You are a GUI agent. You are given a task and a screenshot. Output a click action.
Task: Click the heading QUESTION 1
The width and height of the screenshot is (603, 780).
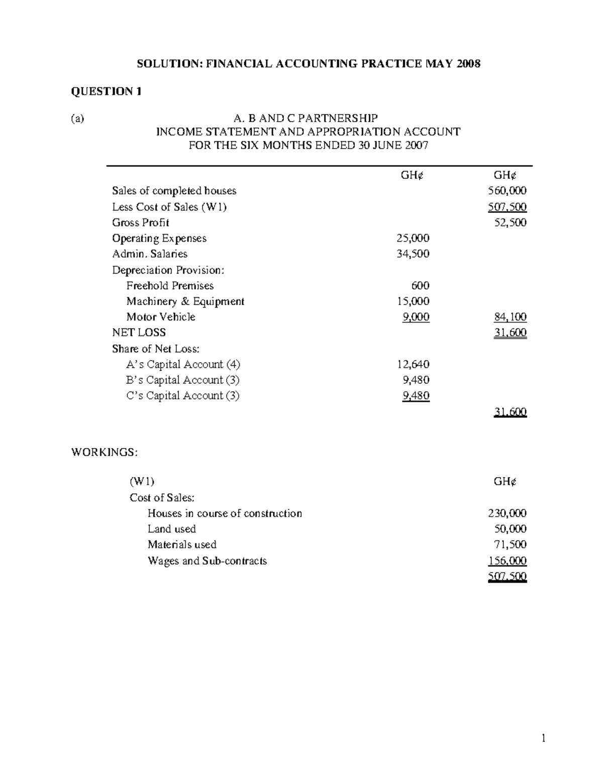pos(106,91)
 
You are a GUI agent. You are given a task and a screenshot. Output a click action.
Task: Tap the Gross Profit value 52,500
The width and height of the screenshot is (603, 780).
pos(510,222)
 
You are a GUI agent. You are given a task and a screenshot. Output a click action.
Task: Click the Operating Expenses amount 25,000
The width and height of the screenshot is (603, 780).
pos(413,238)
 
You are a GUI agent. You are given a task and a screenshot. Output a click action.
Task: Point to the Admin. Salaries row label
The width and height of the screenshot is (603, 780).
pos(149,254)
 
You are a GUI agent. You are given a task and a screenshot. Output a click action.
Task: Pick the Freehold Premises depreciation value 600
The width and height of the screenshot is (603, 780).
pos(420,286)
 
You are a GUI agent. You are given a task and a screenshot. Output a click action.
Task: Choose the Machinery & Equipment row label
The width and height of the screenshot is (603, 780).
pos(185,301)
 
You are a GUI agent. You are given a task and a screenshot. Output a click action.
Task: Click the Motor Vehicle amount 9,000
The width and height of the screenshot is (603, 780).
pos(416,317)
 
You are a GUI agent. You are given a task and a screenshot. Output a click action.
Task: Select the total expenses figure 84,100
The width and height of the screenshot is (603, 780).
pos(510,317)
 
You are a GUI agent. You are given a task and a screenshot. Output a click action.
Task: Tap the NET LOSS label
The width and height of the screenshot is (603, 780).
pos(139,332)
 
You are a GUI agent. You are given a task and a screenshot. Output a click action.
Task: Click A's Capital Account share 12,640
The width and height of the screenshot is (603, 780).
pos(413,364)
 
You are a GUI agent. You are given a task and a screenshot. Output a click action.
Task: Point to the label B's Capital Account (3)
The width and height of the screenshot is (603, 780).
pos(183,380)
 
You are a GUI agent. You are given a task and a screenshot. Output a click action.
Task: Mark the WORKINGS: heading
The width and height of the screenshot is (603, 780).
pos(104,452)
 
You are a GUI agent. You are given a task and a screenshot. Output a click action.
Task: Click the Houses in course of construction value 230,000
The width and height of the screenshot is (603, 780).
pos(507,513)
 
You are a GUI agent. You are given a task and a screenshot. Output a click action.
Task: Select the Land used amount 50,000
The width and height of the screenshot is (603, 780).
pos(510,529)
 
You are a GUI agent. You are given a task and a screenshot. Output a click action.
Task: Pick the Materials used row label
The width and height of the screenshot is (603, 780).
pos(182,544)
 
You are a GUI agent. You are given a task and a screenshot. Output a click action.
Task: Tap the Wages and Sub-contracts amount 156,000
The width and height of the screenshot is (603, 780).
pos(507,561)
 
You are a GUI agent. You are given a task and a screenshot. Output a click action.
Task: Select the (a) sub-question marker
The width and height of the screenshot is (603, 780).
pos(77,119)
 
